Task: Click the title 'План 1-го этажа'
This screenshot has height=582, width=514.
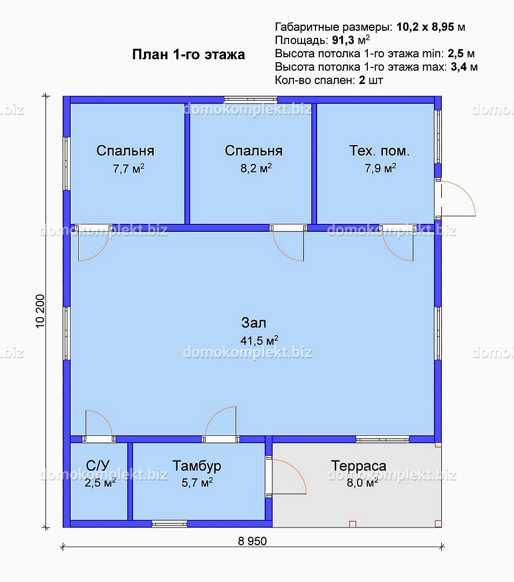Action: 189,54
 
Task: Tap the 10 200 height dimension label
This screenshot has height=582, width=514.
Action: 40,311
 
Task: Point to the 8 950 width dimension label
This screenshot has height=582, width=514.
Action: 252,541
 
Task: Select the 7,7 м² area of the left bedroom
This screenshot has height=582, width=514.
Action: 128,168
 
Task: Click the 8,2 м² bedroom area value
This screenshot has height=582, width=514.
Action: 256,168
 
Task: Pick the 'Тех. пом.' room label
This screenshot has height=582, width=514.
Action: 379,150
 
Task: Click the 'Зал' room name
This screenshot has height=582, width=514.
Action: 254,323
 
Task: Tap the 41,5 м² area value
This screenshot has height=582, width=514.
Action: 259,340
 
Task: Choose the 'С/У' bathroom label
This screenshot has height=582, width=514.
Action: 98,465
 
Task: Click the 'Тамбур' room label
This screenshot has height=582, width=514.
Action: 197,466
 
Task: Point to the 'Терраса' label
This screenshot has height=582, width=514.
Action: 359,466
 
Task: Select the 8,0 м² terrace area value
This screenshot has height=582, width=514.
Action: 362,483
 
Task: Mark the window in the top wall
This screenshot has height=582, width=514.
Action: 251,99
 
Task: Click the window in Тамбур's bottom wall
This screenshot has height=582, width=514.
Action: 169,524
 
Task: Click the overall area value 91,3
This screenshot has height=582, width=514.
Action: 343,40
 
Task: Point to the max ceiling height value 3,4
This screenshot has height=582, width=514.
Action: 458,67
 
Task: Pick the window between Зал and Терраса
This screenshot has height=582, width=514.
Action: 382,439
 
